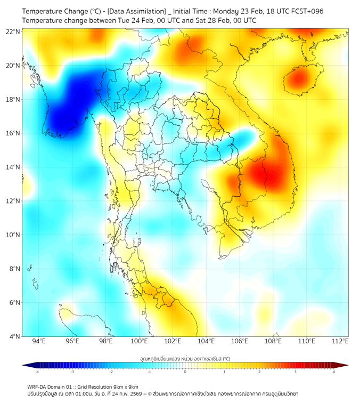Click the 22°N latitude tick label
(13, 31)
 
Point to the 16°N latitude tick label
(13, 133)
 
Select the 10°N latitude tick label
(13, 235)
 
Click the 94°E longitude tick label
(39, 341)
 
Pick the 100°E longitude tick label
(139, 341)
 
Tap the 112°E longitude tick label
(340, 341)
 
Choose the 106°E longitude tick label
(240, 341)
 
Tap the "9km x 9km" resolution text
(123, 386)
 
